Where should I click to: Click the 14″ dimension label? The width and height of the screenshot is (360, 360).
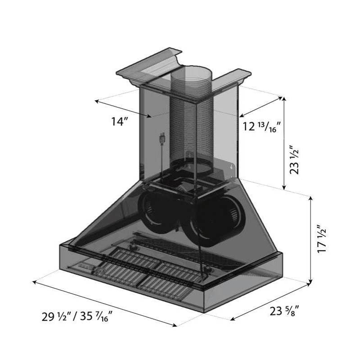[120, 121]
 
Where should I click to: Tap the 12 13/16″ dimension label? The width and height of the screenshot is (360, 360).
[261, 126]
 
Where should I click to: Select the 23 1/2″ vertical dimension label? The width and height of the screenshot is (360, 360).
[295, 160]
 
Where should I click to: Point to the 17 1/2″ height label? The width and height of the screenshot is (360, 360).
[322, 239]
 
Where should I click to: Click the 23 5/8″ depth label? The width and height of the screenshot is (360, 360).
[284, 311]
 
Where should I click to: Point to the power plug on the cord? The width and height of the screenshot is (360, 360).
[162, 139]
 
